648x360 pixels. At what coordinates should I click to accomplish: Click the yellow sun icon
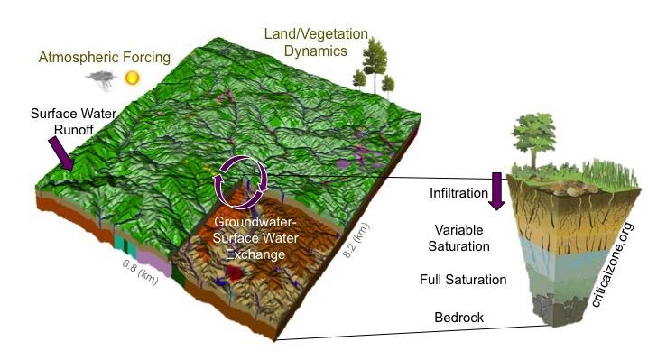tap(134, 78)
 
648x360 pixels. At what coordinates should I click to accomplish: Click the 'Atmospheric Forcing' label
tap(104, 58)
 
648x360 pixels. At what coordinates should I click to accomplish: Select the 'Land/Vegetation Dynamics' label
tap(316, 43)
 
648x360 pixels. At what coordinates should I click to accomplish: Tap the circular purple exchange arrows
tap(238, 180)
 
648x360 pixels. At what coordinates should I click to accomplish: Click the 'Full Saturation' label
tap(464, 280)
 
